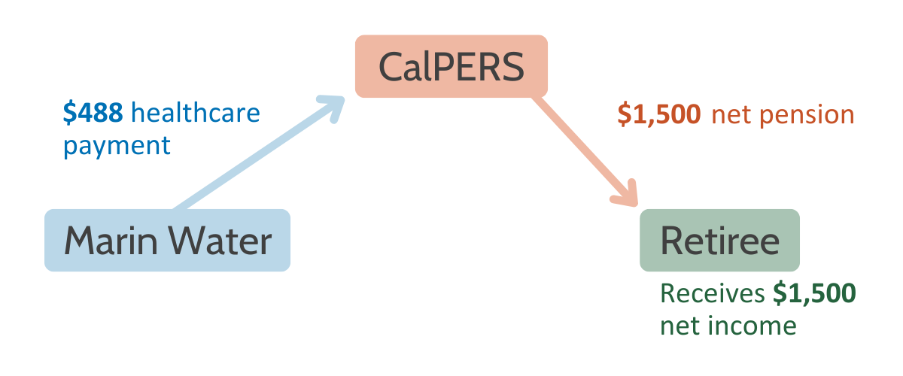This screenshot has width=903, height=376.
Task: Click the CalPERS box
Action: pos(451,66)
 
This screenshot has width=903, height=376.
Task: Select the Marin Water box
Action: pos(167,240)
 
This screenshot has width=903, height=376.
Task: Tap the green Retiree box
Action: pos(719,240)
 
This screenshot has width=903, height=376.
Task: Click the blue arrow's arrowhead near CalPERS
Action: pos(333,107)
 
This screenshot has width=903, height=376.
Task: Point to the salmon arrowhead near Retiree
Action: pos(627,195)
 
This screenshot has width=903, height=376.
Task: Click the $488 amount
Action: pos(93,112)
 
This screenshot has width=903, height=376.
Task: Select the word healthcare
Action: pos(196,112)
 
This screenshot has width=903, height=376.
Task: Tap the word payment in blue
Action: pos(117,146)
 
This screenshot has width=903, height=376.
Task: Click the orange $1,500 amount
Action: pos(659,114)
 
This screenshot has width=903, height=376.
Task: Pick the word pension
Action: pos(807,116)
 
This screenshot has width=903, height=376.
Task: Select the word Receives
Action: pos(713,293)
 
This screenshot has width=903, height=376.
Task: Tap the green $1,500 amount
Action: pos(814,293)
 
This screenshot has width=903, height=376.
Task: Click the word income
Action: pos(752,325)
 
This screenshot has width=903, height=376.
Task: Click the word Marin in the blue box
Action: pos(111,241)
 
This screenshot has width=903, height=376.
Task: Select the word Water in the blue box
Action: pos(220,241)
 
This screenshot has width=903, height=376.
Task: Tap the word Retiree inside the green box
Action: pos(719,241)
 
